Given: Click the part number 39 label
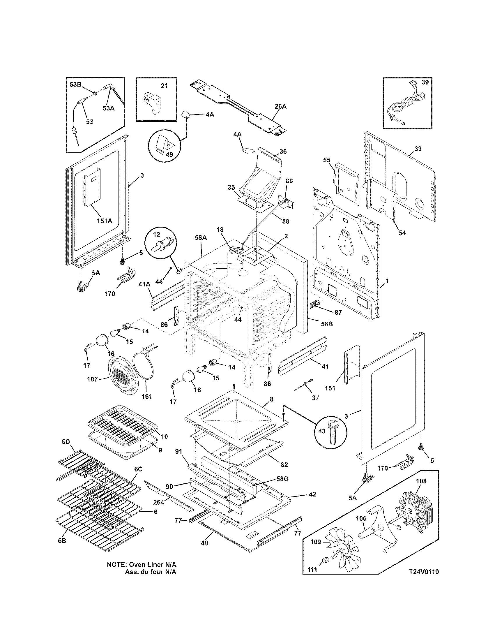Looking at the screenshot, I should click(425, 82).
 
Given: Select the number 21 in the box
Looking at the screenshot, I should click(164, 86).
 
